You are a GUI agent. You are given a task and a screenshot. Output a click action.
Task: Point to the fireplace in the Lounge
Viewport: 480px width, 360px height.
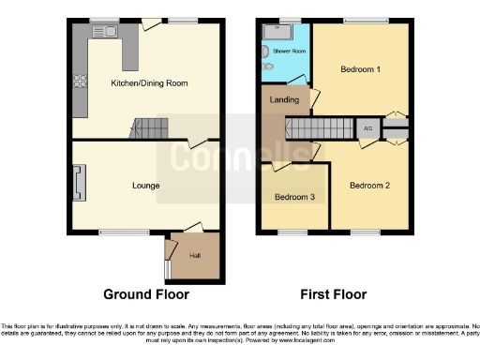[x=79, y=182]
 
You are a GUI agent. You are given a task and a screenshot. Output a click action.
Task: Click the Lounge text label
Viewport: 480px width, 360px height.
[x=145, y=186]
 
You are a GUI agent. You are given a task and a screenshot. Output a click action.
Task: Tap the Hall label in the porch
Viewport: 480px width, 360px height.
[x=195, y=254]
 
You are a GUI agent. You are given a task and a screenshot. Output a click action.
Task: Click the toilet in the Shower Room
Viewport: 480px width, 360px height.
[x=266, y=67]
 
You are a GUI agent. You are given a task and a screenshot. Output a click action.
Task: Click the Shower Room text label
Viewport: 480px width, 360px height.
[x=290, y=51]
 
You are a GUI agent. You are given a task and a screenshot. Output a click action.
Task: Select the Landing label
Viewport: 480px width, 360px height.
[x=284, y=99]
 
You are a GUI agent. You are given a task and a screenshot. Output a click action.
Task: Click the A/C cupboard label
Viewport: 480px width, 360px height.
[x=368, y=128]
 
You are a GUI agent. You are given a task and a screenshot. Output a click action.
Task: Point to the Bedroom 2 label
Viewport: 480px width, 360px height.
[x=369, y=186]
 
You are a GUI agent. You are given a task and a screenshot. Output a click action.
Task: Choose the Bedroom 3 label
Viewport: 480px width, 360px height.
[x=293, y=198]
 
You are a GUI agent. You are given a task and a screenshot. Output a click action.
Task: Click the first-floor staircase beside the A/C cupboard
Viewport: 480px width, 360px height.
[x=320, y=128]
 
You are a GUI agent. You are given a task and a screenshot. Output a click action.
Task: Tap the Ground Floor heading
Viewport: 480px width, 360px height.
[x=146, y=293]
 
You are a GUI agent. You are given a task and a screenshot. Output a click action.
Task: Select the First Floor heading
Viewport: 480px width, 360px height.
[x=333, y=293]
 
